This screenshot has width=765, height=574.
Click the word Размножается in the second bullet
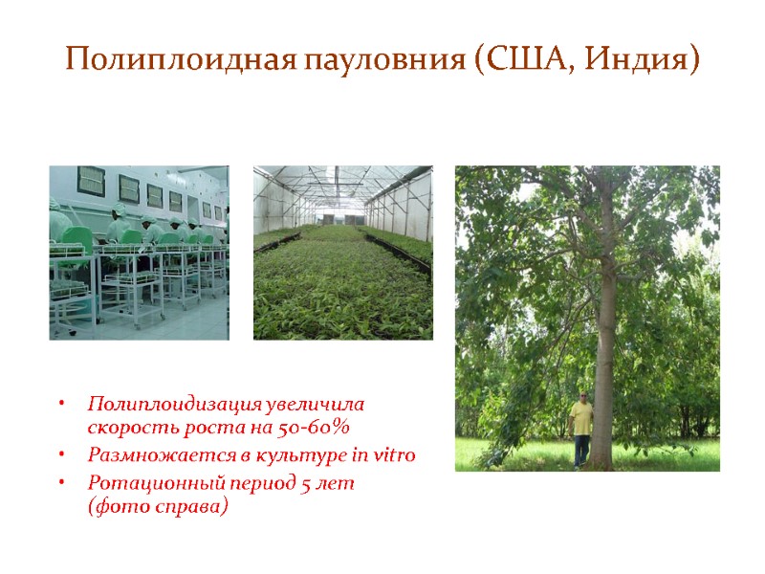pos(144,455)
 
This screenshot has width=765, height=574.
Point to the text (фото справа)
pos(158,507)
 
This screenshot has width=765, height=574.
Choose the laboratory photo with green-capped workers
pos(139,253)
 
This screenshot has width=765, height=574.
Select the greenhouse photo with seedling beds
pos(342,253)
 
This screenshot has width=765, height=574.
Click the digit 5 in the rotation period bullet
pos(305,484)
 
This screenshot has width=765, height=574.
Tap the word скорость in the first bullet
pos(122,427)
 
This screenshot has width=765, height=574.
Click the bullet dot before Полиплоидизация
pos(59,406)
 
